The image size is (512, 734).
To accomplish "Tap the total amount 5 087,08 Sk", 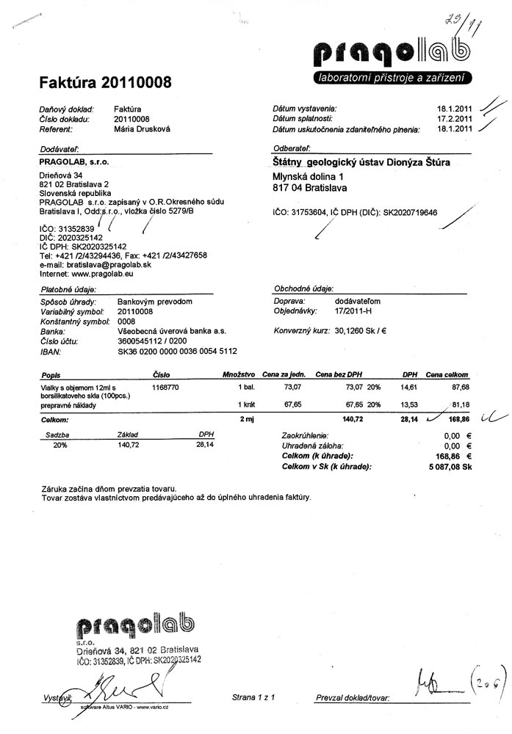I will (446, 466).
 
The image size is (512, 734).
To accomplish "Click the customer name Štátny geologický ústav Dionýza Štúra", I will (361, 162).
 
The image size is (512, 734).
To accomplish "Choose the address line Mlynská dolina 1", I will (308, 177).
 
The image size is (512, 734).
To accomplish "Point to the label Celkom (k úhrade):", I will (317, 456).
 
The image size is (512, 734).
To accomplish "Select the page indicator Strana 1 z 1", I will (253, 697).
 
